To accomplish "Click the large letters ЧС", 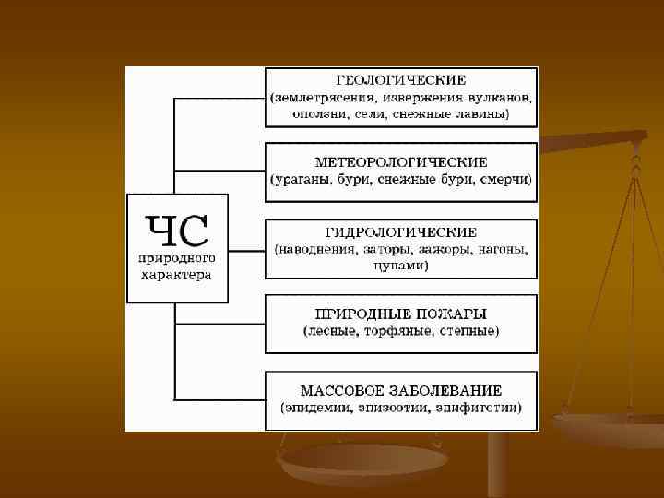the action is [177, 228].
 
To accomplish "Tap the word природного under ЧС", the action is [177, 259].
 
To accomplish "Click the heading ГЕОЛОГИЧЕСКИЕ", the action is [401, 80].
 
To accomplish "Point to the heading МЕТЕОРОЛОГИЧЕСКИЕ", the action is [401, 162].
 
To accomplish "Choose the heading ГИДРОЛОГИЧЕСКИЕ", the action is [401, 232].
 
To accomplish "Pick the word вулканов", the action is [499, 97].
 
